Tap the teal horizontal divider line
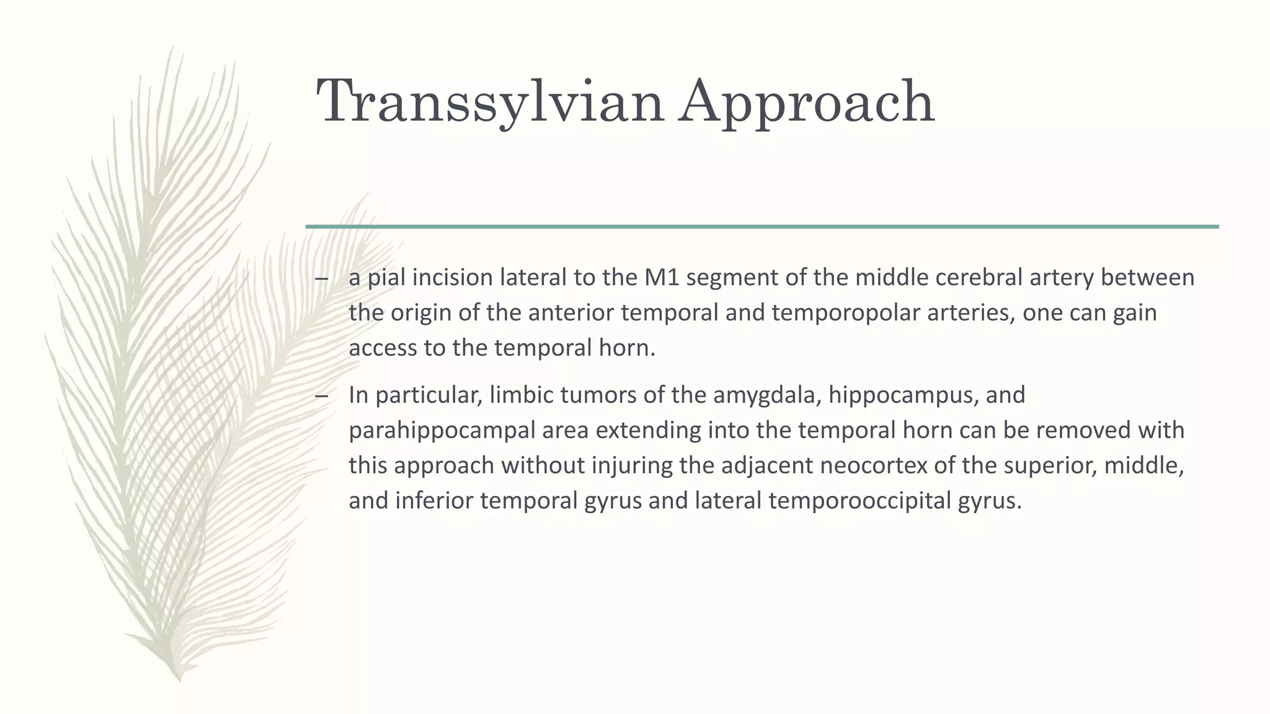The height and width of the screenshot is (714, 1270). click(x=762, y=227)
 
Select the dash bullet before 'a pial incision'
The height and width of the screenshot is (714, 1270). click(x=321, y=279)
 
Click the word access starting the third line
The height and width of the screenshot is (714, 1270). click(x=383, y=348)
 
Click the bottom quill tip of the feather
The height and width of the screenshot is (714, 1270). click(x=179, y=678)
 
